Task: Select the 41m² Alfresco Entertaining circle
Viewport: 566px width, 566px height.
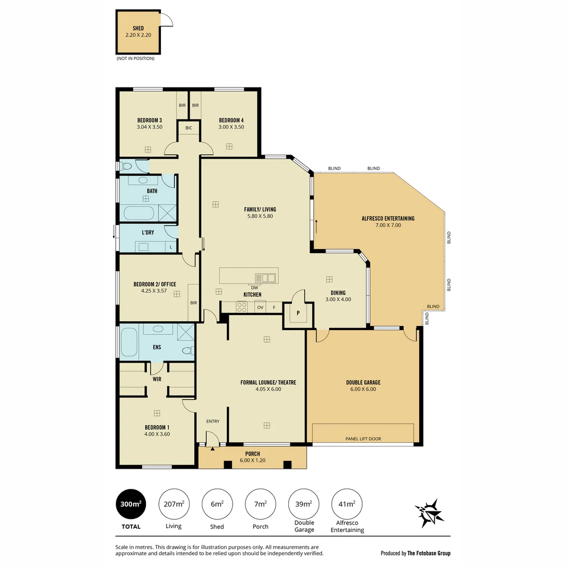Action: pos(346,504)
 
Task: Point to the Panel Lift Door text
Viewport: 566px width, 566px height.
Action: pos(363,439)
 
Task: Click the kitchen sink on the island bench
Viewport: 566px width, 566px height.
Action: pos(265,277)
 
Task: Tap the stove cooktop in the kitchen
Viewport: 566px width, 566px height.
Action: pos(242,306)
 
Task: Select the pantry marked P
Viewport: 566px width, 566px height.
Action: pos(298,313)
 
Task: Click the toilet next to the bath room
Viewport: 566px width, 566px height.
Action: pos(126,166)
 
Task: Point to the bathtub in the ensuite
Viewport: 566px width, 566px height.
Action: pos(129,342)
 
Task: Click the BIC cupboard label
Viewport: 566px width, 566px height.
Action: pos(189,128)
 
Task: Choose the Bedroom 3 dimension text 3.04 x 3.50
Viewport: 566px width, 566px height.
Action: pos(149,127)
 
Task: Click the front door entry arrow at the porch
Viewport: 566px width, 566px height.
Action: pos(212,449)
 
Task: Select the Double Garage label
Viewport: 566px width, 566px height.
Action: pos(363,383)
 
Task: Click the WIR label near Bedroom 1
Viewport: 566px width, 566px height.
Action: pos(157,378)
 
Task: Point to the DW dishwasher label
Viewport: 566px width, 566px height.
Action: pos(254,288)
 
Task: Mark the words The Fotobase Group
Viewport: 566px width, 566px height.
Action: pos(429,553)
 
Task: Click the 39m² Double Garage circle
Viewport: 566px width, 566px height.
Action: pos(303,504)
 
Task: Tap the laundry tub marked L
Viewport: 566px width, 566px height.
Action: pos(170,247)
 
